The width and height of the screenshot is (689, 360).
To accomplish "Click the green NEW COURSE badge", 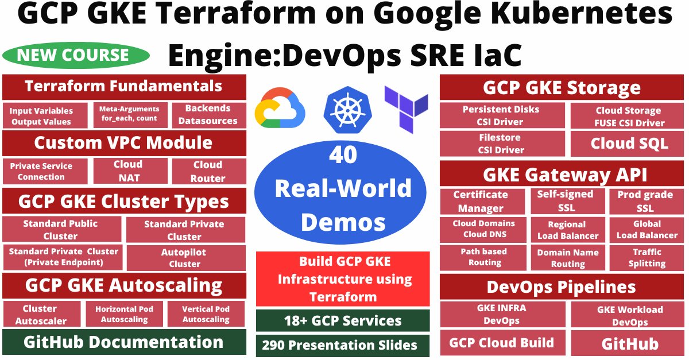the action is pyautogui.click(x=76, y=55).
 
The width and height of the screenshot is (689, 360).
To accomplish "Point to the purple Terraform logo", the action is pyautogui.click(x=406, y=109).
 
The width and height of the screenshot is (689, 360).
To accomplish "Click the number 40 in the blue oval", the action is pyautogui.click(x=343, y=157).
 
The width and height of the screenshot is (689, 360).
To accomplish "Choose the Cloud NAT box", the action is pyautogui.click(x=130, y=171).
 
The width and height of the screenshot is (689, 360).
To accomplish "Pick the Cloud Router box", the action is pyautogui.click(x=208, y=171).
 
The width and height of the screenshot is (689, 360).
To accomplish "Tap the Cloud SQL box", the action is pyautogui.click(x=629, y=144).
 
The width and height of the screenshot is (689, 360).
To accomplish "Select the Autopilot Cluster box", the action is pyautogui.click(x=184, y=258).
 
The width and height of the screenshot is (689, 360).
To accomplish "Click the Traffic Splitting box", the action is pyautogui.click(x=647, y=258).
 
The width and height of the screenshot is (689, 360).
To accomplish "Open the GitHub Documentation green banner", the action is pyautogui.click(x=123, y=342).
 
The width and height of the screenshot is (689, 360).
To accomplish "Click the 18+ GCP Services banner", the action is pyautogui.click(x=343, y=320).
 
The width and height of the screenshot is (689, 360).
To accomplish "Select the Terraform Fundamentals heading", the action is pyautogui.click(x=123, y=87).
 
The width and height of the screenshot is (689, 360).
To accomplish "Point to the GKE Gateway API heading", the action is pyautogui.click(x=566, y=174).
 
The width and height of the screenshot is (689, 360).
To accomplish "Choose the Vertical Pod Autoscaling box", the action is pyautogui.click(x=206, y=314).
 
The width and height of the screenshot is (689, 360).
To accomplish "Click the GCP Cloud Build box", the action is pyautogui.click(x=501, y=343).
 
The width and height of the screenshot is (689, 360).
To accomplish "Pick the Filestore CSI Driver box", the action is pyautogui.click(x=501, y=144).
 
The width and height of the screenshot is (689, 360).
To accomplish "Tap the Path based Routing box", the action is pyautogui.click(x=485, y=257).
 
